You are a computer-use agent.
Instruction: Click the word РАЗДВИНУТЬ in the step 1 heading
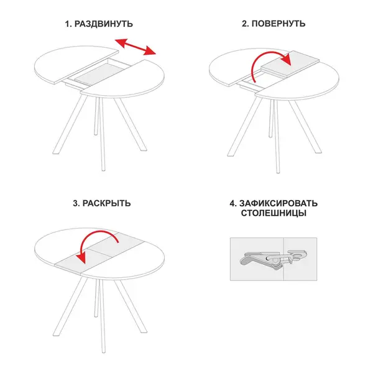pyautogui.click(x=104, y=24)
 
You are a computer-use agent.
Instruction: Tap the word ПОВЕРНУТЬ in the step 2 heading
pyautogui.click(x=279, y=24)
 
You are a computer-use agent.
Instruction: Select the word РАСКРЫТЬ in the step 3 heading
pyautogui.click(x=106, y=203)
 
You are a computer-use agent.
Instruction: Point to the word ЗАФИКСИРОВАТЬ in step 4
pyautogui.click(x=278, y=203)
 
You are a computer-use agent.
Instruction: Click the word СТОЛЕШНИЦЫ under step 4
pyautogui.click(x=274, y=213)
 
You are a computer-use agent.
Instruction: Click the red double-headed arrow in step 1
pyautogui.click(x=135, y=47)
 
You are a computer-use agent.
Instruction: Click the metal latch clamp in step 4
pyautogui.click(x=273, y=259)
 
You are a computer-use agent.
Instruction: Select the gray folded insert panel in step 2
pyautogui.click(x=290, y=64)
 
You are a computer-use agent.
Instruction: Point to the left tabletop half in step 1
pyautogui.click(x=74, y=64)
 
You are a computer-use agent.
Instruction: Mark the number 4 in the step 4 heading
pyautogui.click(x=233, y=204)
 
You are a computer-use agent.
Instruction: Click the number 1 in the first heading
pyautogui.click(x=68, y=24)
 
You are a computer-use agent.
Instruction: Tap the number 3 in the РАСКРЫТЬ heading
pyautogui.click(x=76, y=204)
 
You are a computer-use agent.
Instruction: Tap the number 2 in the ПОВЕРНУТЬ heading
pyautogui.click(x=245, y=24)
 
